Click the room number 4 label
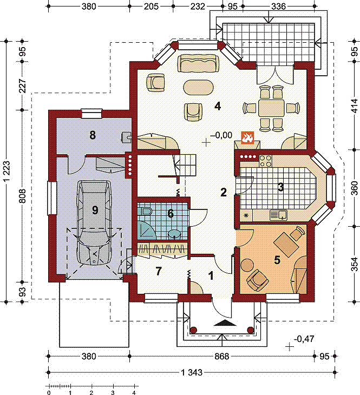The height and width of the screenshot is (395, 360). click(217, 106)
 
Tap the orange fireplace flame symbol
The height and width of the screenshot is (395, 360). click(247, 137)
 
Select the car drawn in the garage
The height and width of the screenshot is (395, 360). click(95, 222)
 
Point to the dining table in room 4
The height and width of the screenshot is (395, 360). click(271, 108)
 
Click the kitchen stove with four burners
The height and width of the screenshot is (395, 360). click(266, 161)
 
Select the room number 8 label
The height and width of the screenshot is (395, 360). click(93, 135)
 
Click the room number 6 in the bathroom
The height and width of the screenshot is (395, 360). click(171, 213)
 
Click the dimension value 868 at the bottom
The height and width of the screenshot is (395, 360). click(222, 357)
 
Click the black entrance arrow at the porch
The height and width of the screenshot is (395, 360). click(222, 322)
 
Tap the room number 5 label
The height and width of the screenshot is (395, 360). click(277, 260)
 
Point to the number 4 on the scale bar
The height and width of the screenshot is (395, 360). click(133, 392)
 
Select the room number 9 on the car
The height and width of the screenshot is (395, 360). click(95, 210)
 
